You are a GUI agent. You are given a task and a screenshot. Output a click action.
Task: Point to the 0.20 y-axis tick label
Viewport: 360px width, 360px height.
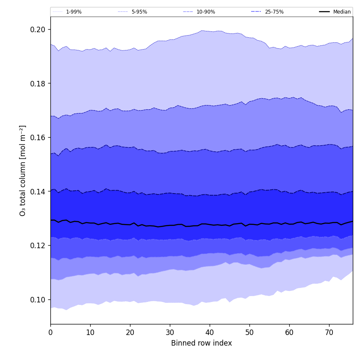click(x=37, y=30)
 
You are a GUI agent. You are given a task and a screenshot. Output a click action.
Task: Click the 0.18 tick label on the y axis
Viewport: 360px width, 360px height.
click(x=37, y=83)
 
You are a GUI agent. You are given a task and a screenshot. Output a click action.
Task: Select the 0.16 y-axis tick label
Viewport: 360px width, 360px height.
click(x=37, y=138)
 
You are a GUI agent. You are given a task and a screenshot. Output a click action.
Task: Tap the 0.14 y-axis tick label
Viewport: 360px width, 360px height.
click(x=37, y=191)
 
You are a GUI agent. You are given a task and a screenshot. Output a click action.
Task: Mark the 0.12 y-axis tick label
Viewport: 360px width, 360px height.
click(x=37, y=246)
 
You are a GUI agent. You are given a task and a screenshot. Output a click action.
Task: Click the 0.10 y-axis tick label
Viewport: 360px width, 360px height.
click(x=37, y=299)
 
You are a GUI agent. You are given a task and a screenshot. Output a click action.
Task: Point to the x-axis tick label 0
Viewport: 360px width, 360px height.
click(x=50, y=333)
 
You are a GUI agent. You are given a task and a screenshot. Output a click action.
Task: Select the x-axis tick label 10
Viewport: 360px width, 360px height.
click(x=90, y=333)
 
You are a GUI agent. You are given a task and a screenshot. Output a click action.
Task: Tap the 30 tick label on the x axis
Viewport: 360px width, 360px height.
click(x=170, y=333)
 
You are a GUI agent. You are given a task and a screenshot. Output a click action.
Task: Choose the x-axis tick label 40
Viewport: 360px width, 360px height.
click(x=210, y=333)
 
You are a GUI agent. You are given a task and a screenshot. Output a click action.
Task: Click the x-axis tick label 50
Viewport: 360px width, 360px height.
click(x=249, y=333)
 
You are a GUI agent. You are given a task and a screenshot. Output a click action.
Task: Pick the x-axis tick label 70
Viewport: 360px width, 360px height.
click(x=329, y=333)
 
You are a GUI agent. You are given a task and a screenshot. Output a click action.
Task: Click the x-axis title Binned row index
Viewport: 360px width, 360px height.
click(x=202, y=343)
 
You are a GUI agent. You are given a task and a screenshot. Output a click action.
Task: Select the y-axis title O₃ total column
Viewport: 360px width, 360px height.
click(x=23, y=170)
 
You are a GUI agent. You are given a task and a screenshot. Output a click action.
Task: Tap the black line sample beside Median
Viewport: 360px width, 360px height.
click(x=324, y=12)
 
